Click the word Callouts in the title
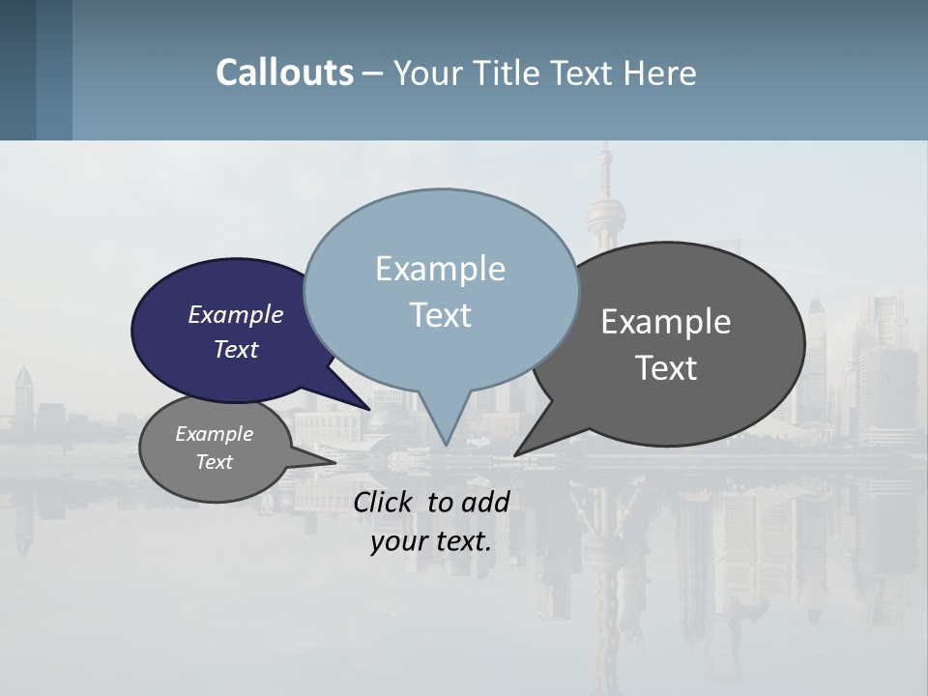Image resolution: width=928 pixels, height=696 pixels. coord(284,72)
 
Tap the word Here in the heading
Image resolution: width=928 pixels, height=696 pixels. coord(659,73)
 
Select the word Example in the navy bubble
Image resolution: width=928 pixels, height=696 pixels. coord(235,314)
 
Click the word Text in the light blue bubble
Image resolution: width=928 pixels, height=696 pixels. coord(441,314)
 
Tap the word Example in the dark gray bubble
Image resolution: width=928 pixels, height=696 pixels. coord(666,321)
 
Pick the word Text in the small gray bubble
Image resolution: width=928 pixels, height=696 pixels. coord(215,462)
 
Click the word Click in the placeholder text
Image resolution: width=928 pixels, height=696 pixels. coord(384,502)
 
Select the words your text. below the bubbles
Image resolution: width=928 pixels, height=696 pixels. coord(431,541)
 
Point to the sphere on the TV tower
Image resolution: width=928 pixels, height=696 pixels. coord(606,212)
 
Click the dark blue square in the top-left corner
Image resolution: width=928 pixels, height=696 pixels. coord(17,70)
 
